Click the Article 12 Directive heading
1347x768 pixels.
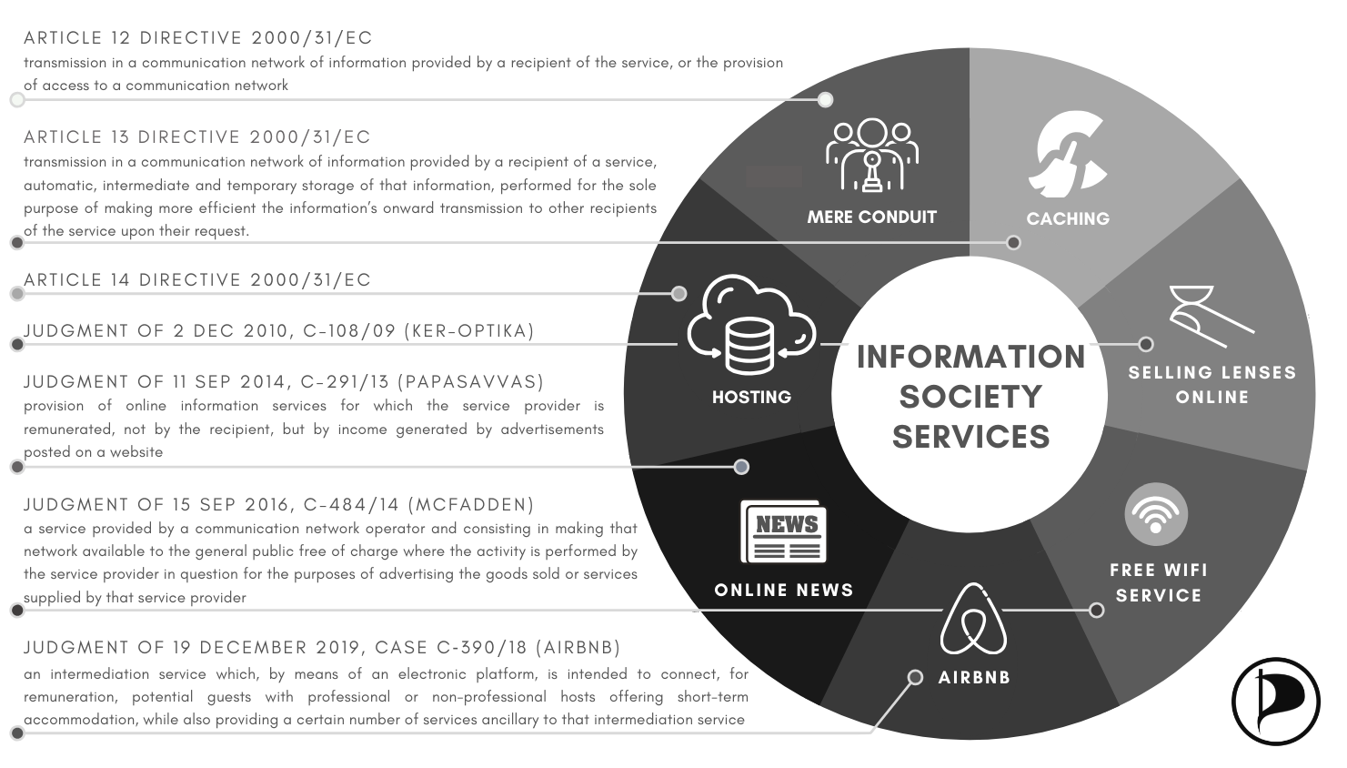point(198,38)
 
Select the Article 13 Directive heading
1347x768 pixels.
point(197,137)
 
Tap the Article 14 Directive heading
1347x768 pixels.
point(197,280)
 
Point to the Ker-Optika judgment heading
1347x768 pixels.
point(279,331)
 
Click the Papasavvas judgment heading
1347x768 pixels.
point(284,382)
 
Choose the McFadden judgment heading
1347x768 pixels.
point(279,505)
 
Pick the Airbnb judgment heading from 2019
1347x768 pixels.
point(322,648)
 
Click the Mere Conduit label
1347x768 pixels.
point(871,217)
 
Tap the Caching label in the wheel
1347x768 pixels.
point(1068,218)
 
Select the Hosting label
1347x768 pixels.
point(751,398)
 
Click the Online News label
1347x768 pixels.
point(784,591)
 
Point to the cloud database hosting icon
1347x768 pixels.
point(751,326)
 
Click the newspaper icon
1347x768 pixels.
point(783,532)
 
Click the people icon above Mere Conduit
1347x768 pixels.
point(872,156)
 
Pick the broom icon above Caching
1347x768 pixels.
point(1071,156)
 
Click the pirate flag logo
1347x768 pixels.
point(1275,702)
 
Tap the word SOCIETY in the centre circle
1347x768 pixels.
point(970,397)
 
